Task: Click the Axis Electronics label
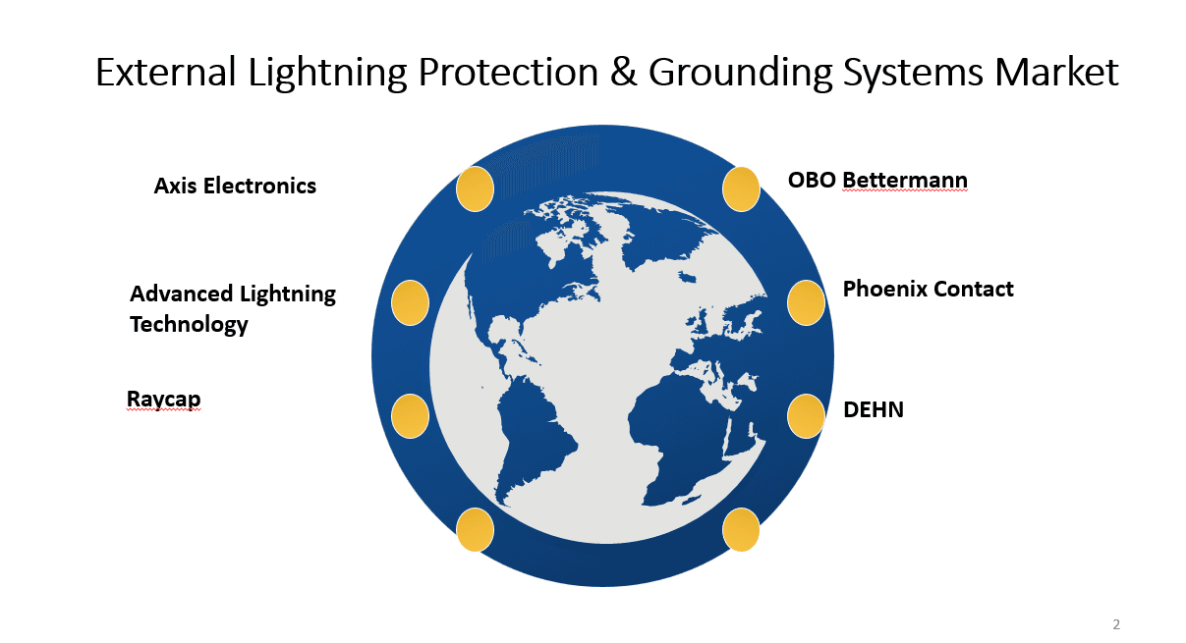tap(235, 186)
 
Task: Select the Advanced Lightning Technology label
tap(232, 308)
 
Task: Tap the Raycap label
tap(163, 399)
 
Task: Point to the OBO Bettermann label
tap(877, 181)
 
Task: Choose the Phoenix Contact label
tap(928, 289)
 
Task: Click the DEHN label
tap(874, 409)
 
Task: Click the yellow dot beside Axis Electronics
tap(476, 188)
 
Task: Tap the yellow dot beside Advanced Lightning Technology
tap(410, 302)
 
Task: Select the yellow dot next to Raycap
tap(410, 416)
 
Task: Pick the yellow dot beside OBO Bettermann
tap(741, 188)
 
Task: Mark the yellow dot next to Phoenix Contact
tap(806, 302)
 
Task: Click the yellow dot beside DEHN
tap(806, 416)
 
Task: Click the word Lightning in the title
tap(315, 74)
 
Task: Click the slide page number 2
tap(1116, 624)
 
